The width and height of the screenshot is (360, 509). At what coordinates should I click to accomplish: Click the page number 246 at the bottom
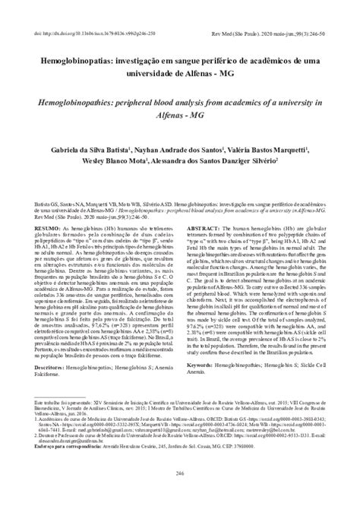(180, 494)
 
